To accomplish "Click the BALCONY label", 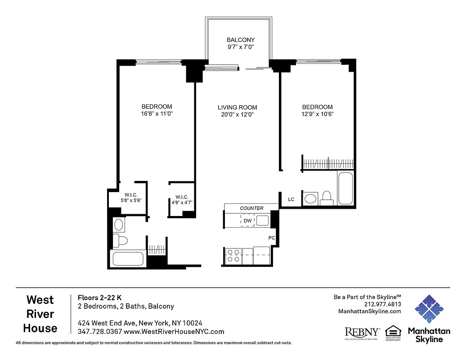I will pyautogui.click(x=241, y=40).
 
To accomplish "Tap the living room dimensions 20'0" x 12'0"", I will pyautogui.click(x=237, y=115).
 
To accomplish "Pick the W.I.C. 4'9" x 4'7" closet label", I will pyautogui.click(x=182, y=200).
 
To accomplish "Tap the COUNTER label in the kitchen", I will pyautogui.click(x=251, y=208).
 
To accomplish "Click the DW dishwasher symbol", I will pyautogui.click(x=247, y=220).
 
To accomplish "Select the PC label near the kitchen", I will pyautogui.click(x=272, y=238).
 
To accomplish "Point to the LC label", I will pyautogui.click(x=291, y=199).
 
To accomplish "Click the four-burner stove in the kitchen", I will pyautogui.click(x=233, y=256).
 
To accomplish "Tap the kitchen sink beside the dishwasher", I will pyautogui.click(x=263, y=220).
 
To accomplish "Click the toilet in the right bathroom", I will pyautogui.click(x=326, y=198).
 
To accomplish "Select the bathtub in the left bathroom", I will pyautogui.click(x=128, y=258).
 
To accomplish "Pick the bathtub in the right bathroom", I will pyautogui.click(x=345, y=188).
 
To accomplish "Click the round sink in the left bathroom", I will pyautogui.click(x=119, y=224).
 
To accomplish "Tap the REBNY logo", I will pyautogui.click(x=362, y=332).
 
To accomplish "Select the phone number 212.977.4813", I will pyautogui.click(x=383, y=304).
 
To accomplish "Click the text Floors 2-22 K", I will pyautogui.click(x=99, y=297).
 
